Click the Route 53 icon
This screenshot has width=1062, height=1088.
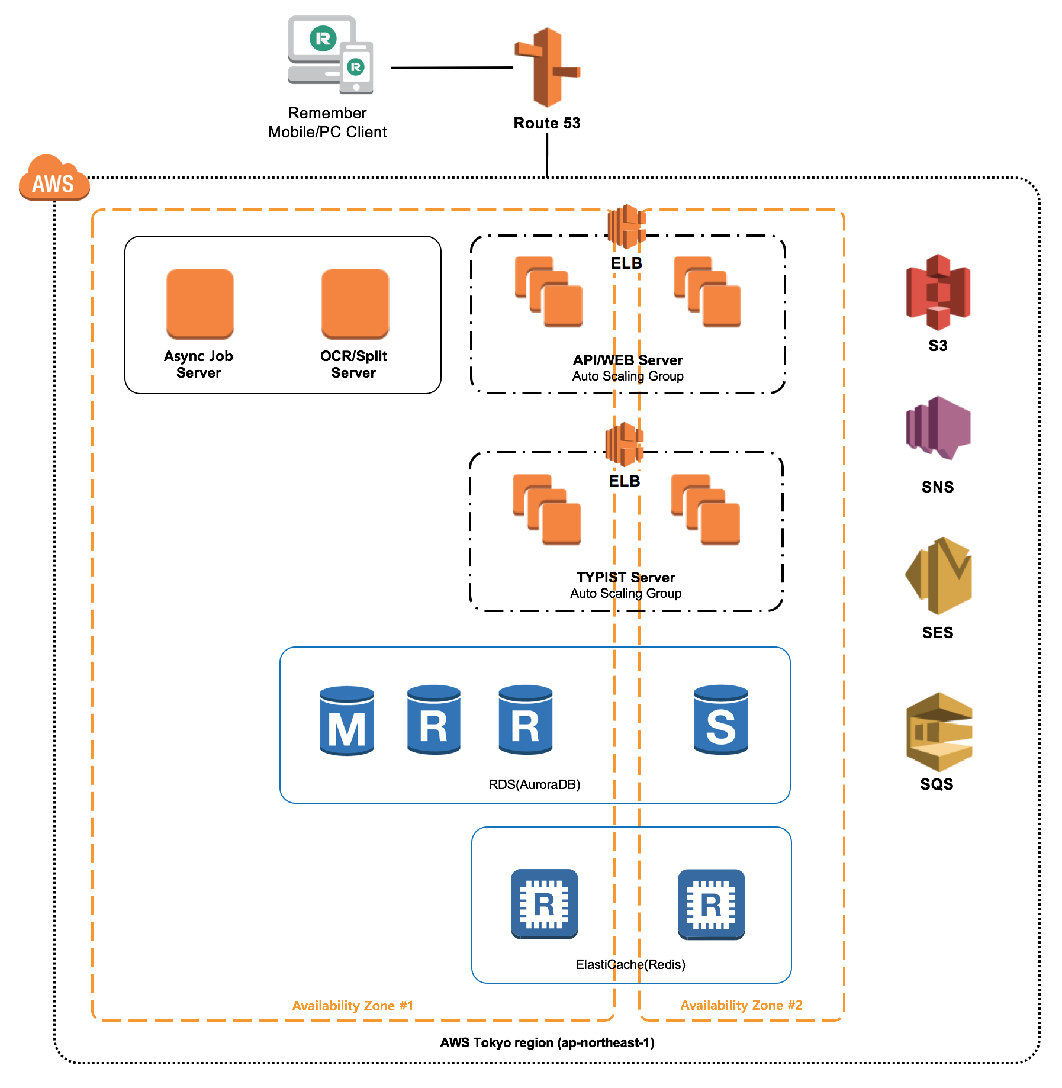pyautogui.click(x=548, y=67)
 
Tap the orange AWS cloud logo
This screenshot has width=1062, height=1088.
pyautogui.click(x=53, y=179)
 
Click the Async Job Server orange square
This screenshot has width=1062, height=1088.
pyautogui.click(x=199, y=303)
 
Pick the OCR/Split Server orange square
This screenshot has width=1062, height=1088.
pyautogui.click(x=355, y=303)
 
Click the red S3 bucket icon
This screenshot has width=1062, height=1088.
pyautogui.click(x=938, y=292)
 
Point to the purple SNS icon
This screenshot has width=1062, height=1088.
pyautogui.click(x=938, y=428)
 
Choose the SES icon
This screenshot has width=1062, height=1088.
pyautogui.click(x=938, y=575)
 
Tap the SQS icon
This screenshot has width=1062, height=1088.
pyautogui.click(x=938, y=732)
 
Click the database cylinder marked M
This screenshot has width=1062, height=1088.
pyautogui.click(x=346, y=720)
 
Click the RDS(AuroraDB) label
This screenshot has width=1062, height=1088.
pyautogui.click(x=534, y=784)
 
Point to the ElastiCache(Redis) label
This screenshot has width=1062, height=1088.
pyautogui.click(x=630, y=964)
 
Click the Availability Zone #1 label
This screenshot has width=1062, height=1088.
pyautogui.click(x=352, y=1006)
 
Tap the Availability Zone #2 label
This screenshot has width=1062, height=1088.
pyautogui.click(x=741, y=1005)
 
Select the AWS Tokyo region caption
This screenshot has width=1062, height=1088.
pyautogui.click(x=547, y=1042)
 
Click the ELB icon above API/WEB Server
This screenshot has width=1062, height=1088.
pyautogui.click(x=626, y=226)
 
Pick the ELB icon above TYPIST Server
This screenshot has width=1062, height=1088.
pyautogui.click(x=624, y=444)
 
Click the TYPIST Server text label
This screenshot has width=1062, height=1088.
pyautogui.click(x=626, y=577)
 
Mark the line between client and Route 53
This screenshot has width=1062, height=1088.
pyautogui.click(x=451, y=67)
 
